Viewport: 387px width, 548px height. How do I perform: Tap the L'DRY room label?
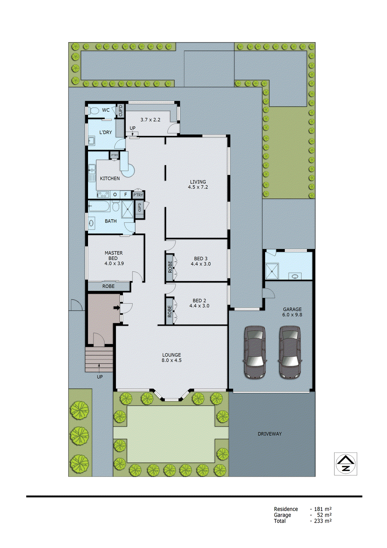coord(105,132)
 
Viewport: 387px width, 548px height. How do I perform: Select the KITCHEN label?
coord(110,178)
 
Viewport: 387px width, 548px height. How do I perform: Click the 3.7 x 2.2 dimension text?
coord(150,120)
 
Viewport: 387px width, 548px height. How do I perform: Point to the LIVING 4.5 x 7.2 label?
coord(198,184)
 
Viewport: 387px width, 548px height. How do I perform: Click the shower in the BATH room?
coord(128,209)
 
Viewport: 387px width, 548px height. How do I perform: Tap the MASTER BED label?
coord(114,258)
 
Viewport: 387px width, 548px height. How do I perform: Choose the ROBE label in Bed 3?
coord(170,267)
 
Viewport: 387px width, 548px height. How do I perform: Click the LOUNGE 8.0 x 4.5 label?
coord(171,358)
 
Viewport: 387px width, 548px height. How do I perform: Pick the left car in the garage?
coord(255,352)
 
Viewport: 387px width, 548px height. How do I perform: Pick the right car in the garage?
coord(290,352)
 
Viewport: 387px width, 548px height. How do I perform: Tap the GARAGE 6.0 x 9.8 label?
coord(292,312)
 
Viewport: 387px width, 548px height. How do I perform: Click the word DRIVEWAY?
coord(270,434)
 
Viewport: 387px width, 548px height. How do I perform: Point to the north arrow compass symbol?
coord(346,464)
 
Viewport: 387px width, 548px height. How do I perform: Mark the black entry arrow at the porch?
coord(117,308)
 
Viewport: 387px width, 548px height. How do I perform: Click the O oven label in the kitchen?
coord(115,195)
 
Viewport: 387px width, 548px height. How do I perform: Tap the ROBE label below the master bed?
coord(108,286)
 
